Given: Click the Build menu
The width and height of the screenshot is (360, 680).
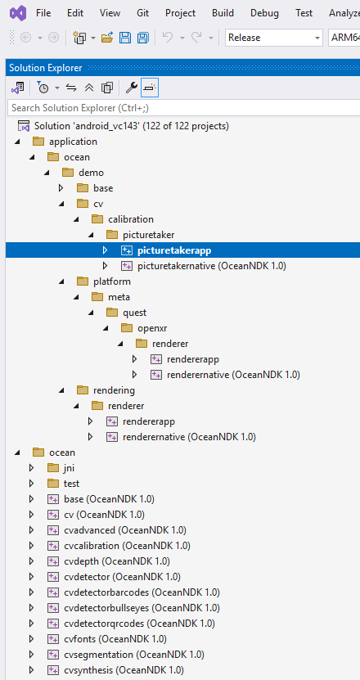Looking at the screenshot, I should (223, 13).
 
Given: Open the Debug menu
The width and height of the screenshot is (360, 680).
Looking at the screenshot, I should (264, 13).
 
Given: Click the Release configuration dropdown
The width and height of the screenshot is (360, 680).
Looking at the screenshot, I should (274, 38).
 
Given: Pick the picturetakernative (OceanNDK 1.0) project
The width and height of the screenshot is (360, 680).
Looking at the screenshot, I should (200, 266).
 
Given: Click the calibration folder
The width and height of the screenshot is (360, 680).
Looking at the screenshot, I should (131, 219).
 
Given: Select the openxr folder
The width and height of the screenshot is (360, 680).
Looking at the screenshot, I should (151, 328).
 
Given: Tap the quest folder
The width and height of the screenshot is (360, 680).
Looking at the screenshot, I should (136, 313).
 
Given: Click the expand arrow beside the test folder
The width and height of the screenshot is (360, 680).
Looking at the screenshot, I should (31, 484).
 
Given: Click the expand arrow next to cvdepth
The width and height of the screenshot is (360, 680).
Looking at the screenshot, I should (31, 561).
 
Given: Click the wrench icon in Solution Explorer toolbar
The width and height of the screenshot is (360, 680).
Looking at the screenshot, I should (131, 88).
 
